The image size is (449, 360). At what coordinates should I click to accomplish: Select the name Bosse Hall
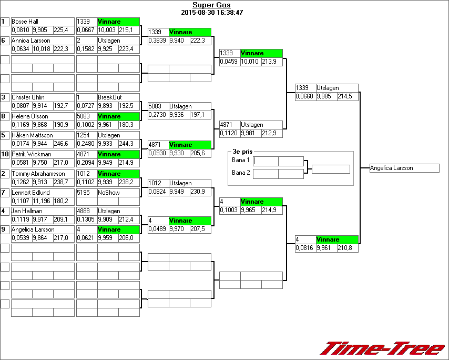(x=25, y=22)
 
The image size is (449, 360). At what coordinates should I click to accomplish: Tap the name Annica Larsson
(x=31, y=41)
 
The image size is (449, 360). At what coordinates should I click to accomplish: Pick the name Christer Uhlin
(x=28, y=97)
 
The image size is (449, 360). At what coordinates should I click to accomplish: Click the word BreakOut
(x=109, y=97)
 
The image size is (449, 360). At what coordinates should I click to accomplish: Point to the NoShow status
(x=109, y=193)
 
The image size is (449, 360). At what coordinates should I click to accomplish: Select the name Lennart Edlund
(x=29, y=193)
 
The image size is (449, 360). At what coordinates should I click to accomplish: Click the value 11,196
(x=42, y=201)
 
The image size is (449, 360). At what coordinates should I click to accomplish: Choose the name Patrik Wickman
(x=31, y=154)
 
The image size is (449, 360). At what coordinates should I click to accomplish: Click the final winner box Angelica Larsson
(x=404, y=168)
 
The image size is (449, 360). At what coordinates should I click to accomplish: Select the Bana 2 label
(x=240, y=173)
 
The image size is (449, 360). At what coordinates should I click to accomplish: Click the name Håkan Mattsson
(x=32, y=135)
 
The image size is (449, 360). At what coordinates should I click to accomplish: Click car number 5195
(x=84, y=193)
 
